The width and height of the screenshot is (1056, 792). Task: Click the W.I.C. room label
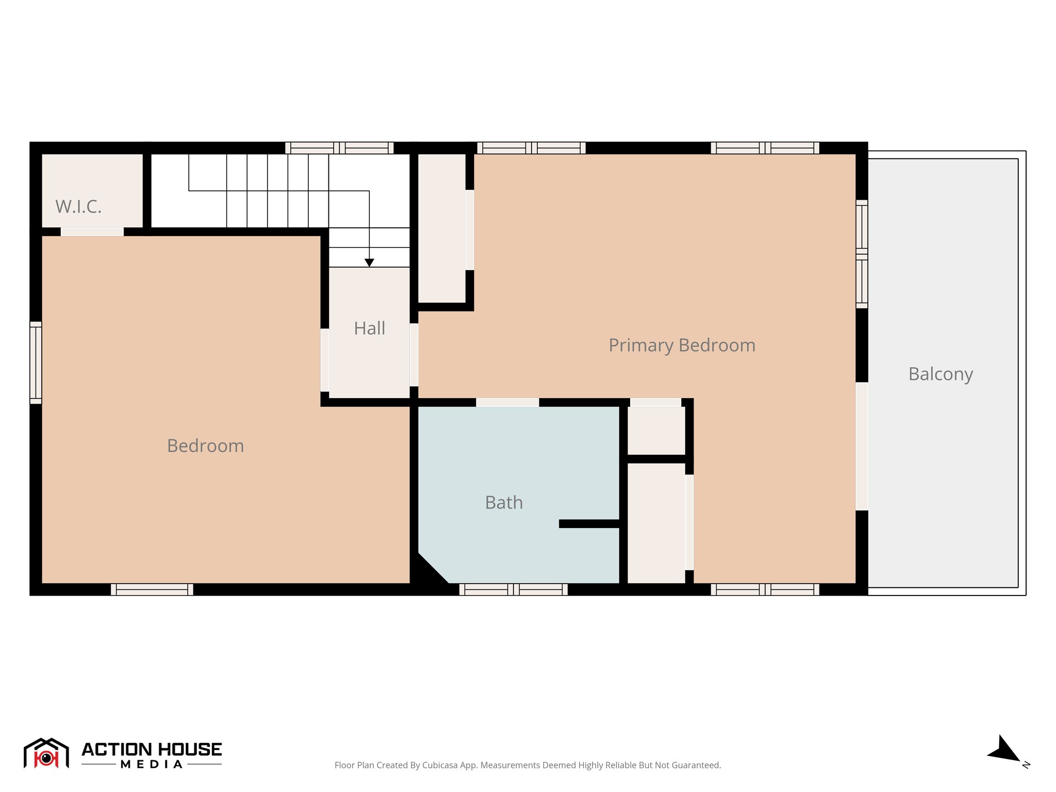pos(78,207)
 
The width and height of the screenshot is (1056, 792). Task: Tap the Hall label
pos(369,328)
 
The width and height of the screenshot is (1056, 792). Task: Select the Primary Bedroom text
pos(682,345)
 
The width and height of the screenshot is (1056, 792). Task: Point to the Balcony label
pos(940,374)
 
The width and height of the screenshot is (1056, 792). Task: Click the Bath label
pos(504,502)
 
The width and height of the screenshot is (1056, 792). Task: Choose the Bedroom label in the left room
pos(205,445)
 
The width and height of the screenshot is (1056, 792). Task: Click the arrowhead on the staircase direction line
pos(369,262)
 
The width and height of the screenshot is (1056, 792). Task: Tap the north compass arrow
pos(1004,750)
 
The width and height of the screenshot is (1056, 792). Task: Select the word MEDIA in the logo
pos(152,765)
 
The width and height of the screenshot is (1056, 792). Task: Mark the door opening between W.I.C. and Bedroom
pos(92,232)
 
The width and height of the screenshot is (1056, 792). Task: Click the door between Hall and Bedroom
pos(324,360)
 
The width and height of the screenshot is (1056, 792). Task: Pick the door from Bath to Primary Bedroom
pos(507,402)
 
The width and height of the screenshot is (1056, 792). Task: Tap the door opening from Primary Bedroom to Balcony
pos(862,446)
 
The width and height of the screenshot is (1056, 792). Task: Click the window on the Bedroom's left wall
pos(36,362)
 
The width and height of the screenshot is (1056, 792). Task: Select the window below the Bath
pos(513,589)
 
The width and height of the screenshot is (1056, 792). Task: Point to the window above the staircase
pos(339,148)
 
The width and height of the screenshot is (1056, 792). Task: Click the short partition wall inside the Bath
pos(589,524)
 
